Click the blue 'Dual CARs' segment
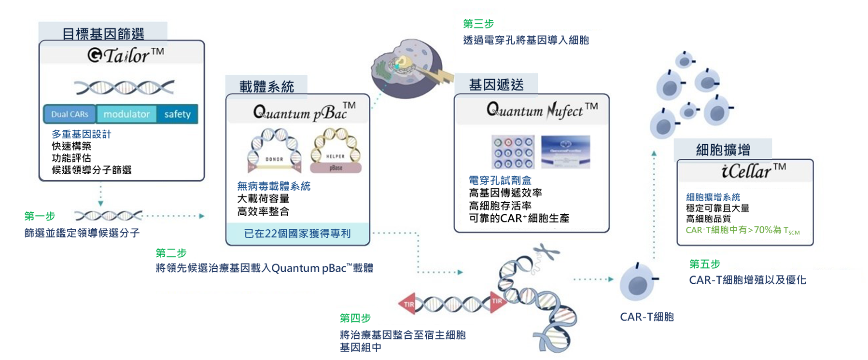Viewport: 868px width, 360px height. pos(70,114)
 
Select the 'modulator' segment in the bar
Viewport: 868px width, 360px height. pos(126,114)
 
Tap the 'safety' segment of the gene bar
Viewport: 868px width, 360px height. pos(177,114)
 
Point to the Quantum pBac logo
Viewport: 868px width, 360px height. pos(304,112)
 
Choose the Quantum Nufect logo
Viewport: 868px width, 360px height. pos(542,110)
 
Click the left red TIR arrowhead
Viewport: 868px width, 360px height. pos(407,304)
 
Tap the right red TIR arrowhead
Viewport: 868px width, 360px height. pos(497,301)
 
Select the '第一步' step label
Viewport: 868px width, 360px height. pos(40,216)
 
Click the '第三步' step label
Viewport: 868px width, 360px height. pos(478,24)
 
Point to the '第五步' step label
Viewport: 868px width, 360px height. pos(704,264)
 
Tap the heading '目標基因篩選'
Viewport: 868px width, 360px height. pos(103,34)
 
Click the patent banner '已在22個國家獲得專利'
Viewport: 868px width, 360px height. pos(297,234)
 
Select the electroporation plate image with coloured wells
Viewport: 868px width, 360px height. pos(513,152)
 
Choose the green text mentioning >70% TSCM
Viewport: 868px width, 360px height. pos(742,230)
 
